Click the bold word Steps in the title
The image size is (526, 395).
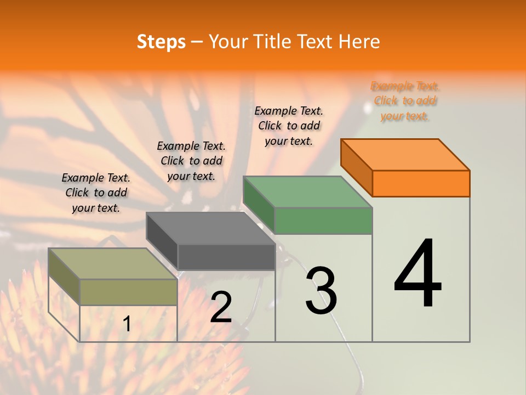click(161, 42)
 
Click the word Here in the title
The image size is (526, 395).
click(359, 42)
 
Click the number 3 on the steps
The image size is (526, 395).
click(321, 291)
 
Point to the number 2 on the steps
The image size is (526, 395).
click(221, 307)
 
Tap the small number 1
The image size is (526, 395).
click(127, 324)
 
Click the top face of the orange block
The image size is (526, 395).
click(405, 154)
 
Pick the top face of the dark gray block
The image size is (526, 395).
click(210, 228)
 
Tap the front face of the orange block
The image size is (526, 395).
click(421, 183)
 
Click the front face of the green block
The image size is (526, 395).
click(323, 221)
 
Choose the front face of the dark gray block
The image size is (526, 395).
click(226, 257)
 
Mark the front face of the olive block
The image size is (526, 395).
click(129, 292)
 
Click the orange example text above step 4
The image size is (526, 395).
click(405, 101)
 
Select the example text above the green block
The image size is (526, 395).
click(289, 126)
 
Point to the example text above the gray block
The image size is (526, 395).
click(191, 161)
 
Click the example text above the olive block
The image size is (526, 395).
click(96, 193)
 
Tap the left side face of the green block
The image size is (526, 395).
click(259, 205)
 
